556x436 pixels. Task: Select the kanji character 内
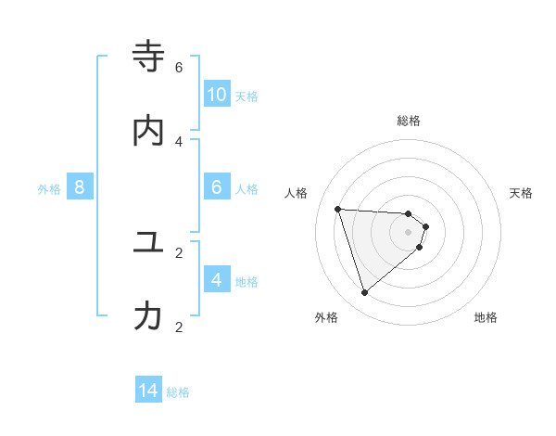[x=148, y=132]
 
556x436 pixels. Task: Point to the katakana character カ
[x=148, y=317]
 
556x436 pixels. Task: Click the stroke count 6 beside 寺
[x=179, y=67]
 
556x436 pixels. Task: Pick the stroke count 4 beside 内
[x=179, y=141]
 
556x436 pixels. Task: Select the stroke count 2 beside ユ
[x=179, y=252]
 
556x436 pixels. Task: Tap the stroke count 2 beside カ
[x=179, y=327]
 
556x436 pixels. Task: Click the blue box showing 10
[x=216, y=95]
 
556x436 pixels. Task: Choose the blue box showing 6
[x=216, y=187]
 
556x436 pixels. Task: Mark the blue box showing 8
[x=80, y=187]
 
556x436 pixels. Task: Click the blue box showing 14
[x=148, y=391]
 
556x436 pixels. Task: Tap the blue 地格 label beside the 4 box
[x=246, y=282]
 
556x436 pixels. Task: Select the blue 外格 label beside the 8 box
[x=49, y=189]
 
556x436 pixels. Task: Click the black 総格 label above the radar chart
[x=409, y=121]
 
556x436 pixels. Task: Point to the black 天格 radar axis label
[x=522, y=193]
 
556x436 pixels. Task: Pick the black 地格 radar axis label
[x=486, y=317]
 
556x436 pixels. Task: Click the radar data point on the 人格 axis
[x=337, y=209]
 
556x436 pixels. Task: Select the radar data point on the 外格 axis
[x=364, y=293]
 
